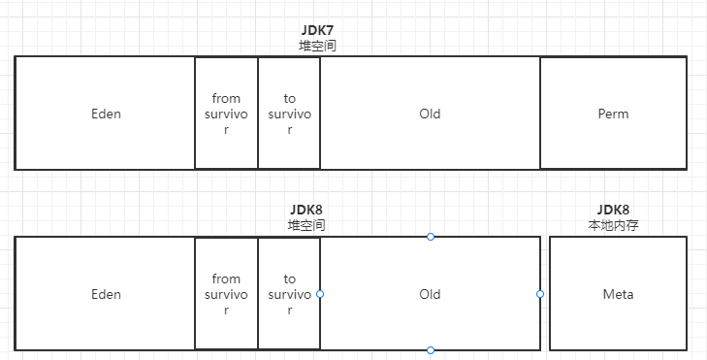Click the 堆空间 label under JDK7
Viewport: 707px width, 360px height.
318,46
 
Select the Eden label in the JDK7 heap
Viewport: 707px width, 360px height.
106,114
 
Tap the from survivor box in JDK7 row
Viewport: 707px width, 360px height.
226,114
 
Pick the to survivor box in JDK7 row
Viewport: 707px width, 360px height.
289,114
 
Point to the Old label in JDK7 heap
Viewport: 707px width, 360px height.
430,114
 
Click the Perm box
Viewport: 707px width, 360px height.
613,114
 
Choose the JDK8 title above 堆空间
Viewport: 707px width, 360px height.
306,210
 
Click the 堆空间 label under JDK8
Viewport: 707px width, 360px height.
306,225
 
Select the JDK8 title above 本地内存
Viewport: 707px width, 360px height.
614,210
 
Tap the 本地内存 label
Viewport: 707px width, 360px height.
614,225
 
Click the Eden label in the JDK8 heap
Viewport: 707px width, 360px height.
106,294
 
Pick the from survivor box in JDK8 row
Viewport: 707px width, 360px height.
226,294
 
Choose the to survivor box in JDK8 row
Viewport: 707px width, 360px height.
289,294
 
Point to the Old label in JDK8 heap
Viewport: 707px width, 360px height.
430,294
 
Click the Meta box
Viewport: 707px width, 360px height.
618,294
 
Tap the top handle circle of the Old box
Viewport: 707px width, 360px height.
431,237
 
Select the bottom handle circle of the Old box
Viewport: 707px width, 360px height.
431,350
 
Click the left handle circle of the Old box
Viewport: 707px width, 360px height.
320,294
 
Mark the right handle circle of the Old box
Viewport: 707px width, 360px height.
540,294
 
